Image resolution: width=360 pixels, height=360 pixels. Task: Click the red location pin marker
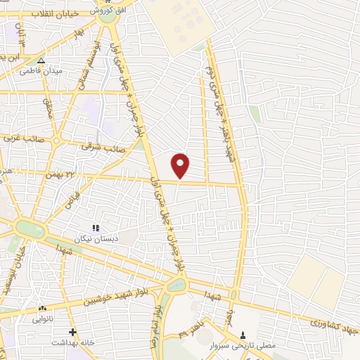[x=181, y=166]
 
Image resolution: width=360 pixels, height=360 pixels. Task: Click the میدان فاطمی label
[x=41, y=71]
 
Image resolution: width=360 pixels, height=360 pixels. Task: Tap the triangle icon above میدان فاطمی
[x=41, y=61]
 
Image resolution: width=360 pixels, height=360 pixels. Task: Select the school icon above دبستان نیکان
[x=96, y=227]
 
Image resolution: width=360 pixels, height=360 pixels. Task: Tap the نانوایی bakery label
[x=43, y=318]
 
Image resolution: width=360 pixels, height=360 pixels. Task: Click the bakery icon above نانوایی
[x=43, y=308]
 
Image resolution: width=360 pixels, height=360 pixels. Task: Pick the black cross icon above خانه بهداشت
[x=72, y=332]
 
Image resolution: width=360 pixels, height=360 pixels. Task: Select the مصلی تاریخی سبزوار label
[x=243, y=346]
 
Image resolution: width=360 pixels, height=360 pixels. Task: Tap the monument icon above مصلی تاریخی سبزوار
[x=243, y=335]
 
